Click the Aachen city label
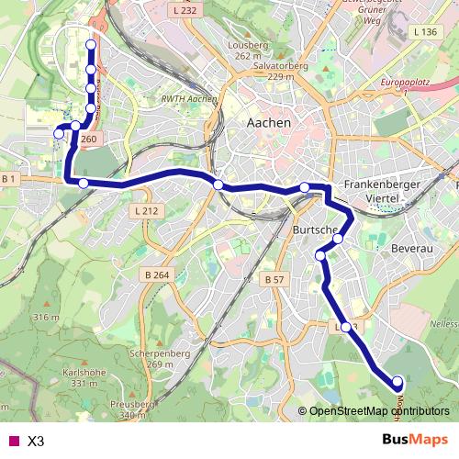pyautogui.click(x=269, y=122)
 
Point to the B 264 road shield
pyautogui.click(x=157, y=274)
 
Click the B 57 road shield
pyautogui.click(x=274, y=278)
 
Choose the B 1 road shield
pyautogui.click(x=10, y=177)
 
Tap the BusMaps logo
pyautogui.click(x=415, y=439)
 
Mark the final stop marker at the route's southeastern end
pyautogui.click(x=397, y=382)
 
